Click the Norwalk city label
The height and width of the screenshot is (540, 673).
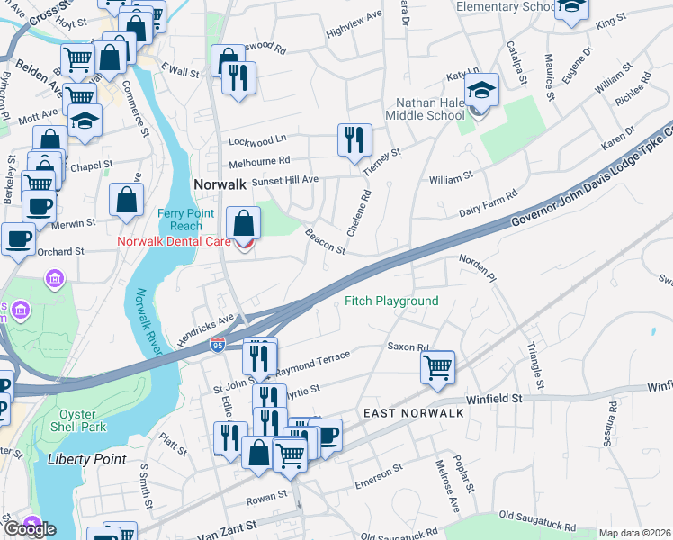[x=220, y=184]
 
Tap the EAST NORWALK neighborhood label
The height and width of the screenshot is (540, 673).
[x=413, y=412]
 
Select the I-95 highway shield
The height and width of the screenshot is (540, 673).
[x=220, y=346]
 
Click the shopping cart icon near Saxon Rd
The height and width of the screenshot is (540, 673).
[x=437, y=365]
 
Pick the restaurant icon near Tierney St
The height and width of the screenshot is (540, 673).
[x=354, y=139]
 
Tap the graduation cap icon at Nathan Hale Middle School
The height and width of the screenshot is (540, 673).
[x=482, y=89]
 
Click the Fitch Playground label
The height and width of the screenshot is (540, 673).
[x=391, y=301]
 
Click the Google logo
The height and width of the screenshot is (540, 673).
[x=29, y=528]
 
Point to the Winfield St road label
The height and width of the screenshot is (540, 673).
[x=494, y=398]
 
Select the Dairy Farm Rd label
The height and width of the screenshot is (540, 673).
[x=488, y=201]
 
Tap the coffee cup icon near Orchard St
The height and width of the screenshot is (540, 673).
[x=18, y=239]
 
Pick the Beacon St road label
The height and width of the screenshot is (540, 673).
[x=326, y=241]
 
